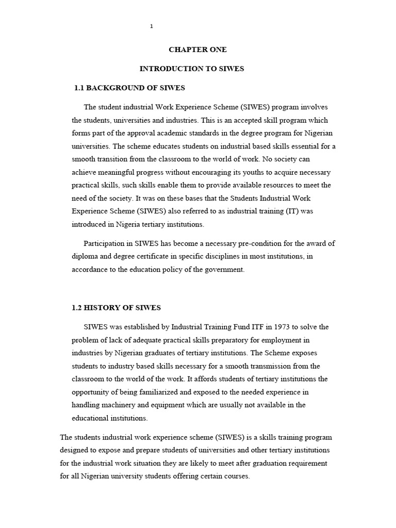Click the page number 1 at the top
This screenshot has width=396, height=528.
point(151,26)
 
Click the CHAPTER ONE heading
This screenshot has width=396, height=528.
point(197,49)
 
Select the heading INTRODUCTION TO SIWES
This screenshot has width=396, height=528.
point(192,69)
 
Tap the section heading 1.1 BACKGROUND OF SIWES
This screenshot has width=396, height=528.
point(129,88)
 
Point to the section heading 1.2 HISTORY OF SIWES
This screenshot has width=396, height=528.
point(116,308)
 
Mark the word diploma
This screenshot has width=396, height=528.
point(85,257)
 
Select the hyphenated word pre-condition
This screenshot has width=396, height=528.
point(241,243)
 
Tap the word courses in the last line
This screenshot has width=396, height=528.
point(235,476)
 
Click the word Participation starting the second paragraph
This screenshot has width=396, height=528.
point(107,243)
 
